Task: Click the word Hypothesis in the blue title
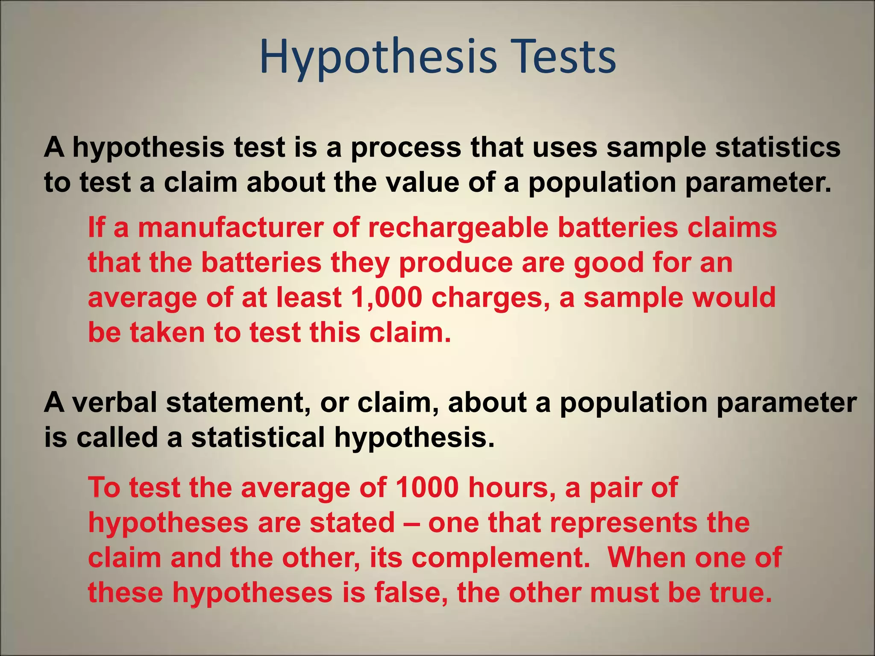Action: pos(378,58)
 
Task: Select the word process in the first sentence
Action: pos(406,148)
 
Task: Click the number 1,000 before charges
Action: pos(386,298)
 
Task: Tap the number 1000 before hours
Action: pos(427,487)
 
